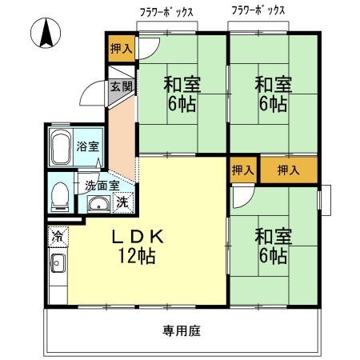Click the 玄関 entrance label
[121, 86]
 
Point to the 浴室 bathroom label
[87, 146]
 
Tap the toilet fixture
[59, 195]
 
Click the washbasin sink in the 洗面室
[98, 203]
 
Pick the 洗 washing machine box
[122, 202]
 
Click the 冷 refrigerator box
[58, 236]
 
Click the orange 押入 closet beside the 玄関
[122, 49]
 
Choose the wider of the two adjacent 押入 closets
[288, 170]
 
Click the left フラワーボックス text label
[168, 10]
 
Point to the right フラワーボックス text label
[258, 10]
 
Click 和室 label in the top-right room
[272, 83]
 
